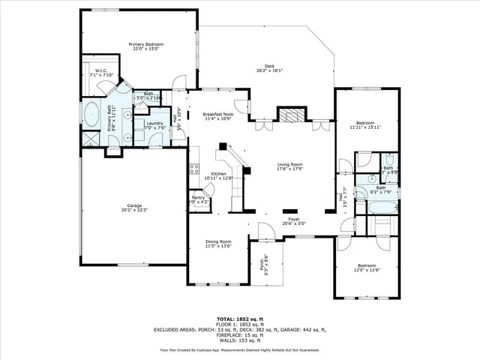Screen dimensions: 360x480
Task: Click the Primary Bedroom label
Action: click(x=145, y=45)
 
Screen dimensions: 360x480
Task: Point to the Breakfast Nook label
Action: click(x=218, y=114)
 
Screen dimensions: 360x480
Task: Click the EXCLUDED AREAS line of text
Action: click(x=240, y=329)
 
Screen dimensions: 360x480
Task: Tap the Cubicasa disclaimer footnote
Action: click(x=240, y=349)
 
